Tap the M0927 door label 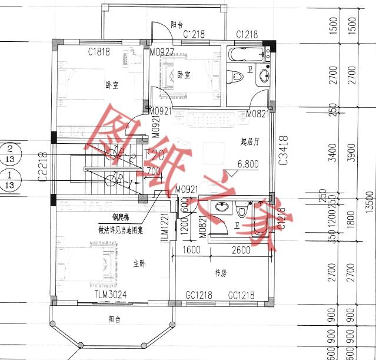click(161, 52)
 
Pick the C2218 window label click(42, 167)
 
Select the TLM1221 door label click(165, 226)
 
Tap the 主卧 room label click(139, 263)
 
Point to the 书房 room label click(221, 273)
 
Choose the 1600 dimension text click(192, 250)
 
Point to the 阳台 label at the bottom click(114, 319)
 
